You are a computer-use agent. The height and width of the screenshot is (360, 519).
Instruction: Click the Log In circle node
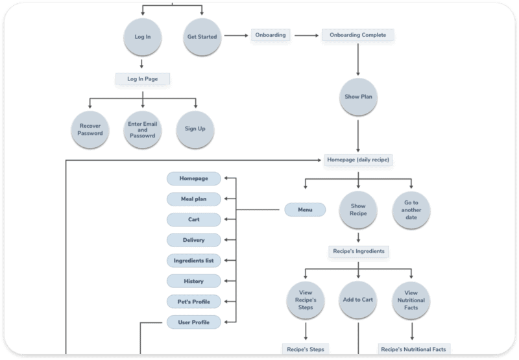pyautogui.click(x=142, y=37)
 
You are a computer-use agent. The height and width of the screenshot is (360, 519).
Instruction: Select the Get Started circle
pyautogui.click(x=202, y=37)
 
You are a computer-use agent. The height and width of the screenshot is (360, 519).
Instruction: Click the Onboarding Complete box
pyautogui.click(x=357, y=35)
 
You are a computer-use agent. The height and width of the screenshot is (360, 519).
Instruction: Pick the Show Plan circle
pyautogui.click(x=357, y=97)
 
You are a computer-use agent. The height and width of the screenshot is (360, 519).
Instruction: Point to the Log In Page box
pyautogui.click(x=141, y=78)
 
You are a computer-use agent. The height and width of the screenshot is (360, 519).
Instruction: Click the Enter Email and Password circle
pyautogui.click(x=142, y=128)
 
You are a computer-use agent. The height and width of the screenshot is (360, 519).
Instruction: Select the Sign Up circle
pyautogui.click(x=195, y=128)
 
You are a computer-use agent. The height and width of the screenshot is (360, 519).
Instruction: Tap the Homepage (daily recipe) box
pyautogui.click(x=359, y=159)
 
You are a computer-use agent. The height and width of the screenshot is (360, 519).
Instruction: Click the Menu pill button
pyautogui.click(x=305, y=210)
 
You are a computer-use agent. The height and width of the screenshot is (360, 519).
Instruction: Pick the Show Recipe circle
pyautogui.click(x=358, y=209)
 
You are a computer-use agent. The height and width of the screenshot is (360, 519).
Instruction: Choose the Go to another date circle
pyautogui.click(x=411, y=209)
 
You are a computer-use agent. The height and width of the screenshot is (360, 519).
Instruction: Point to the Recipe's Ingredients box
pyautogui.click(x=359, y=250)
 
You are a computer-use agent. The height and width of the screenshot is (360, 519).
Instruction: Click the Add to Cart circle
pyautogui.click(x=358, y=300)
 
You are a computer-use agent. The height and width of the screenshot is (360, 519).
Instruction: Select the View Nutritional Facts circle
pyautogui.click(x=411, y=300)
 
